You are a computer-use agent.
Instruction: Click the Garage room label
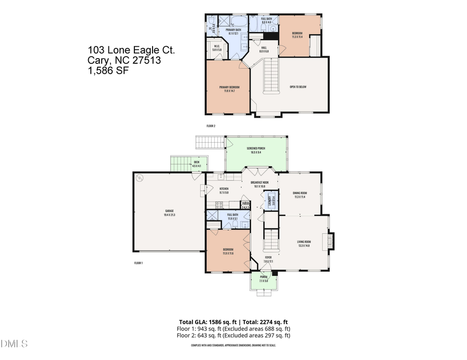(x=169, y=213)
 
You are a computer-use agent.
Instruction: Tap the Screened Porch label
(x=256, y=150)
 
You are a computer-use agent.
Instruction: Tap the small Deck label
(x=197, y=164)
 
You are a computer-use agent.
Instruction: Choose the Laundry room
(x=270, y=201)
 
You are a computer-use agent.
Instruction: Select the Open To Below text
(x=298, y=87)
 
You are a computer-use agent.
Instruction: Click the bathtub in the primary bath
(x=241, y=22)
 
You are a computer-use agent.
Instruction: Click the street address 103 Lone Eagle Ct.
(x=131, y=50)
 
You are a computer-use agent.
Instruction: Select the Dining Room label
(x=299, y=196)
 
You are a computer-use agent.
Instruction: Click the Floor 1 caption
(x=138, y=263)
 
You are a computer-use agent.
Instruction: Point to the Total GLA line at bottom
(x=233, y=322)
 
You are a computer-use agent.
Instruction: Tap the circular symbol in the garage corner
(x=139, y=177)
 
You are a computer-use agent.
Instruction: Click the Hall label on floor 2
(x=264, y=49)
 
